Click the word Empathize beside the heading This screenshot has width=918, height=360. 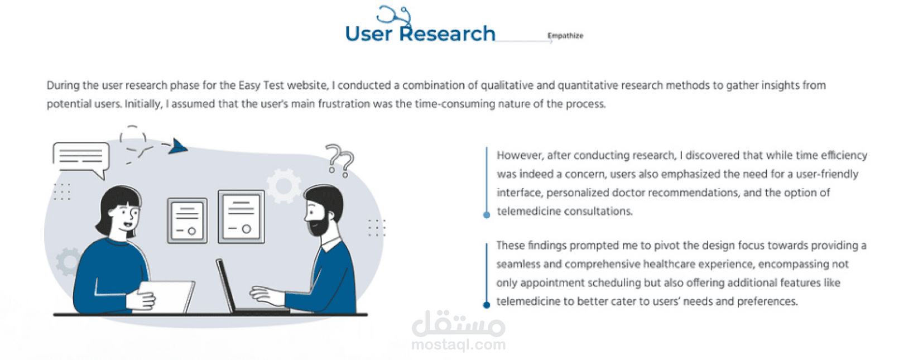(565, 36)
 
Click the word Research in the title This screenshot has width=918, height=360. (447, 33)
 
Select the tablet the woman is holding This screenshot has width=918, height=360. (164, 296)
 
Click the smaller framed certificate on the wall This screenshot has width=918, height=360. (188, 220)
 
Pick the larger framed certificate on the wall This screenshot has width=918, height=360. (242, 217)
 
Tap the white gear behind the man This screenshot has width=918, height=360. (283, 186)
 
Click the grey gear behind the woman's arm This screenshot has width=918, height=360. (68, 262)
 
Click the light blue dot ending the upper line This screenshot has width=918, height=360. (487, 215)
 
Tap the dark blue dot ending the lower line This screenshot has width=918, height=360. (487, 305)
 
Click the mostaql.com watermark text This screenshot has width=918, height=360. (458, 344)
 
